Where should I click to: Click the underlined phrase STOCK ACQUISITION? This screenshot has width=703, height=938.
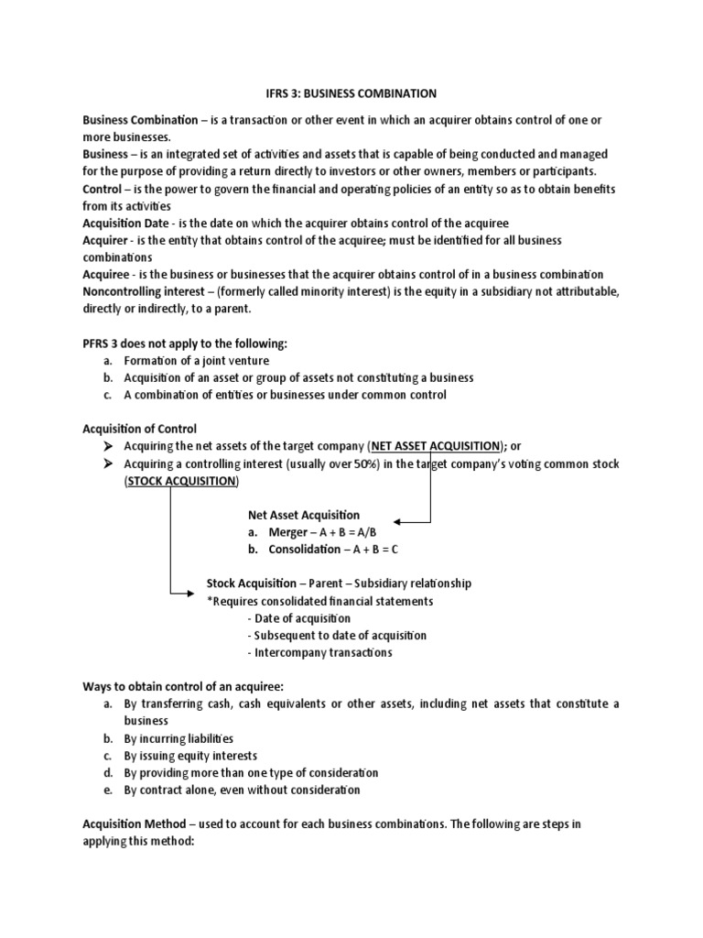point(180,481)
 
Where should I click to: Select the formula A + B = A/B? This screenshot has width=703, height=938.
point(348,532)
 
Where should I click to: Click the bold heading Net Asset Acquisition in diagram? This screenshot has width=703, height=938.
point(303,515)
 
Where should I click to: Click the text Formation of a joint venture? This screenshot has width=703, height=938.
point(195,361)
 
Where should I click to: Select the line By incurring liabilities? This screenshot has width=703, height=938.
point(178,738)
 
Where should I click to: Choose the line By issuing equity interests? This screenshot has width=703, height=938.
point(190,756)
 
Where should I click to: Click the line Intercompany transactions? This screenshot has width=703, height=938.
point(321,653)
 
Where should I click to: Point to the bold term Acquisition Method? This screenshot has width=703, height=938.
point(136,823)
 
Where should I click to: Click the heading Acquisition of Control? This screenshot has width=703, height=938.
point(139,429)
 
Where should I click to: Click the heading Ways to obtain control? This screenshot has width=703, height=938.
point(182,687)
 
